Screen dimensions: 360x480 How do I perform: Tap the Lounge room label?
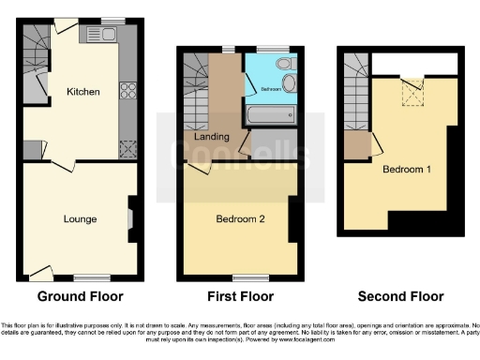(x=80, y=218)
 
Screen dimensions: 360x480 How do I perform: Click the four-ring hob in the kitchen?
(x=127, y=93)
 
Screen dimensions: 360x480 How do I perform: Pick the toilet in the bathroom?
(x=285, y=63)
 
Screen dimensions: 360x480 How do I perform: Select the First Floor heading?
(x=240, y=296)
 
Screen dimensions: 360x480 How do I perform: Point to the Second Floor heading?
(x=400, y=296)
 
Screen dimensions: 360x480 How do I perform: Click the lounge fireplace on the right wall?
(x=130, y=218)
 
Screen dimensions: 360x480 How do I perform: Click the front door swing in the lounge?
(x=40, y=272)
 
